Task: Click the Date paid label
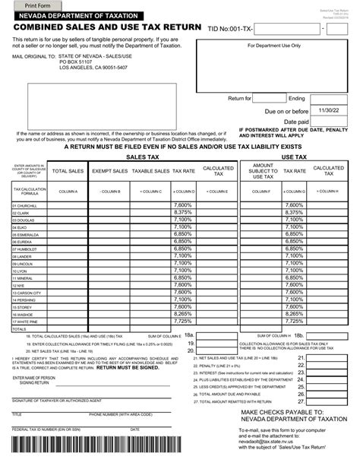click(295, 121)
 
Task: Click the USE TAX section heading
click(293, 156)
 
